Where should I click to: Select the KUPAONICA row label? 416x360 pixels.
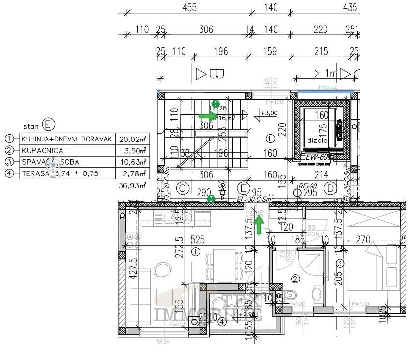click(43, 150)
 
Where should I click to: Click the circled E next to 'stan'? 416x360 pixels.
click(48, 125)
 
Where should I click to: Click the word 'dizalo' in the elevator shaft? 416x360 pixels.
click(317, 140)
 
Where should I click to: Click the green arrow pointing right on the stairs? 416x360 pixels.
click(208, 116)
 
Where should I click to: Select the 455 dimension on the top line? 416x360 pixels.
click(189, 7)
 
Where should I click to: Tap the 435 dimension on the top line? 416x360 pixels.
click(350, 7)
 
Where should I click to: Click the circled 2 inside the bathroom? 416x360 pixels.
click(295, 279)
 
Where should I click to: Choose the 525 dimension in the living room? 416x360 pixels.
click(196, 239)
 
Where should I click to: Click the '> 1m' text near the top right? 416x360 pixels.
click(325, 73)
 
